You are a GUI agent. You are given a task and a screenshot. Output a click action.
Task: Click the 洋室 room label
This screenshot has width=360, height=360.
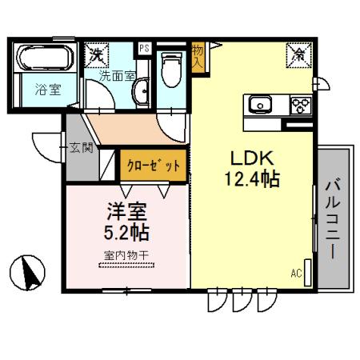pyautogui.click(x=129, y=214)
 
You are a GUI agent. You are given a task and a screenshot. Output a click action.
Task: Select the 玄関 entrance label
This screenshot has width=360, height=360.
pyautogui.click(x=82, y=147)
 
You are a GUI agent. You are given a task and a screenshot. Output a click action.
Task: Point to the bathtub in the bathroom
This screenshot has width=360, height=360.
pyautogui.click(x=45, y=58)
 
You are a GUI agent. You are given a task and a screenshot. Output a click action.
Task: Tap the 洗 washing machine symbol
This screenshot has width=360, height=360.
pyautogui.click(x=97, y=55)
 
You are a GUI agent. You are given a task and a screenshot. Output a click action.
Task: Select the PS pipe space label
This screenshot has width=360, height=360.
pyautogui.click(x=144, y=49)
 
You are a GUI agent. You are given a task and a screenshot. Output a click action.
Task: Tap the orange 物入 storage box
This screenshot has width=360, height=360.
pyautogui.click(x=198, y=58)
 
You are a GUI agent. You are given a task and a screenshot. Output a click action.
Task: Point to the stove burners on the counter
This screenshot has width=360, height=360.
pyautogui.click(x=298, y=106)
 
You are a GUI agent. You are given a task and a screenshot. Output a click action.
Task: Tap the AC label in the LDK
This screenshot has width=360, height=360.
pyautogui.click(x=296, y=274)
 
